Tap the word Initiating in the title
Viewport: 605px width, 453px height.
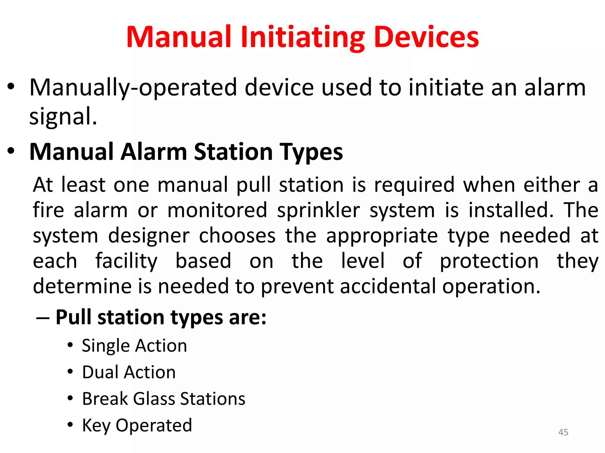pyautogui.click(x=302, y=38)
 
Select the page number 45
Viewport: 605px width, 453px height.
pyautogui.click(x=563, y=432)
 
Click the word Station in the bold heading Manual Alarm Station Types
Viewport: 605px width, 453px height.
pyautogui.click(x=233, y=152)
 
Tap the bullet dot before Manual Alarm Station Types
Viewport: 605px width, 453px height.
pyautogui.click(x=11, y=151)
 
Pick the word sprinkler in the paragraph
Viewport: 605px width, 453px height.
pyautogui.click(x=318, y=211)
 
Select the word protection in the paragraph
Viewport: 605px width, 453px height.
pyautogui.click(x=489, y=261)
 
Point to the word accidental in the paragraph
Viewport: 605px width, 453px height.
pyautogui.click(x=388, y=286)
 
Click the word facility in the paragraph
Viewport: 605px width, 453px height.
pyautogui.click(x=126, y=261)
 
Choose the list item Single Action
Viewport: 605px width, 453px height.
pyautogui.click(x=134, y=346)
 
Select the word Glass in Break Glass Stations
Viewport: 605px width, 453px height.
pyautogui.click(x=154, y=399)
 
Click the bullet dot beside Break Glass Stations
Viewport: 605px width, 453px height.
pyautogui.click(x=70, y=398)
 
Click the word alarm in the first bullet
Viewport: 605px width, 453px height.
pyautogui.click(x=555, y=88)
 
